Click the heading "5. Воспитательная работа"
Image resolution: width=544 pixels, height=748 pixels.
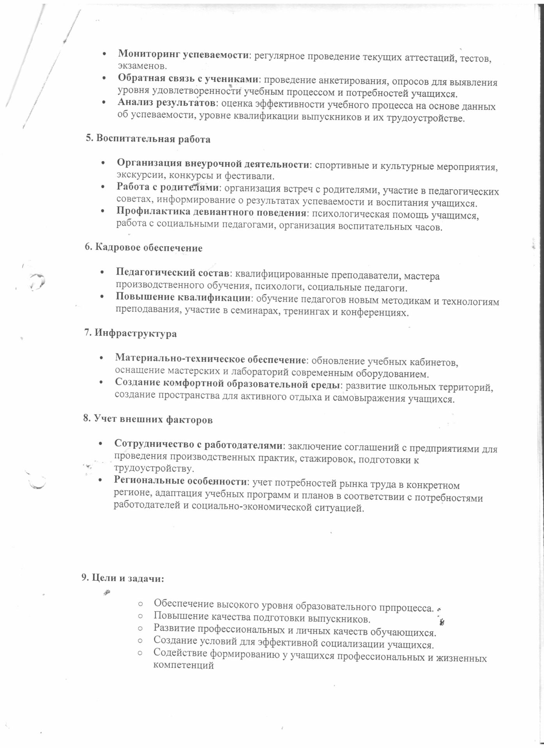coord(148,139)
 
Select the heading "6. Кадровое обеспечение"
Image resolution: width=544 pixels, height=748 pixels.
coord(144,248)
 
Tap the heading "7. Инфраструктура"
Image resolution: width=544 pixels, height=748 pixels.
coord(131,333)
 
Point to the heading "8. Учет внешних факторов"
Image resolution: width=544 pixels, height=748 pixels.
coord(148,420)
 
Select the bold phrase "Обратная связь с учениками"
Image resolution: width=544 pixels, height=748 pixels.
coord(189,79)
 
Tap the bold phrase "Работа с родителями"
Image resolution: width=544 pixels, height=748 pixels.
coord(168,188)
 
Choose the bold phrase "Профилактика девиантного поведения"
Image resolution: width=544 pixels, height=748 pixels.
coord(211,213)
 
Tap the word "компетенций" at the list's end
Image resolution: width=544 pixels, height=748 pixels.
coord(184,665)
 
